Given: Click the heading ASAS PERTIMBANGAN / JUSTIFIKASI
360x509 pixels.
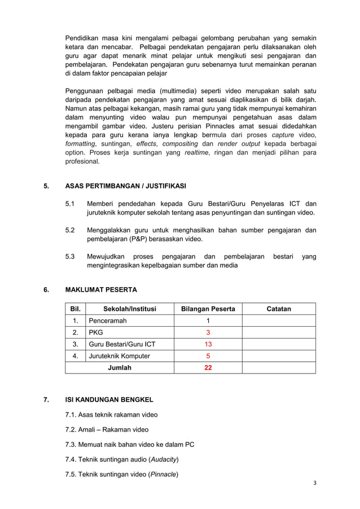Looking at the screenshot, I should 125,186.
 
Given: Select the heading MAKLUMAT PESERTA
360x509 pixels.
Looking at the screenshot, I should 101,290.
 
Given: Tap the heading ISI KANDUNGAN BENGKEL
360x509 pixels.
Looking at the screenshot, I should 109,400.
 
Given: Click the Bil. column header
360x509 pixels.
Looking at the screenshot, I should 75,309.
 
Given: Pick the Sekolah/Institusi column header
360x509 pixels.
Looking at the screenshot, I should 129,309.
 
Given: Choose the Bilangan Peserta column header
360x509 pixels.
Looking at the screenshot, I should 208,309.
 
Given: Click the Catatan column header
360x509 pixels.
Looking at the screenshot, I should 279,309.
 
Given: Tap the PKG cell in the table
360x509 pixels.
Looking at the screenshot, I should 95,332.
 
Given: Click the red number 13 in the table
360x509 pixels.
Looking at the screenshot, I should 208,344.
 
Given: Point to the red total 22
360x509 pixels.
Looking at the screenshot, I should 208,368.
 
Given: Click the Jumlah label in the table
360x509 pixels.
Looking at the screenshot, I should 120,368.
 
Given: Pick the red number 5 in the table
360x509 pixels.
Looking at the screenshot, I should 208,356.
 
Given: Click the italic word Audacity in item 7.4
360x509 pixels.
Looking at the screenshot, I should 164,459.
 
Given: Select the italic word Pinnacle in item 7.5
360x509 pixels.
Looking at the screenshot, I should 163,474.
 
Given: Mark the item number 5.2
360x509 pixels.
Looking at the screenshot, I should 70,230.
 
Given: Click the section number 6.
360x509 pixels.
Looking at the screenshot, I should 46,290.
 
